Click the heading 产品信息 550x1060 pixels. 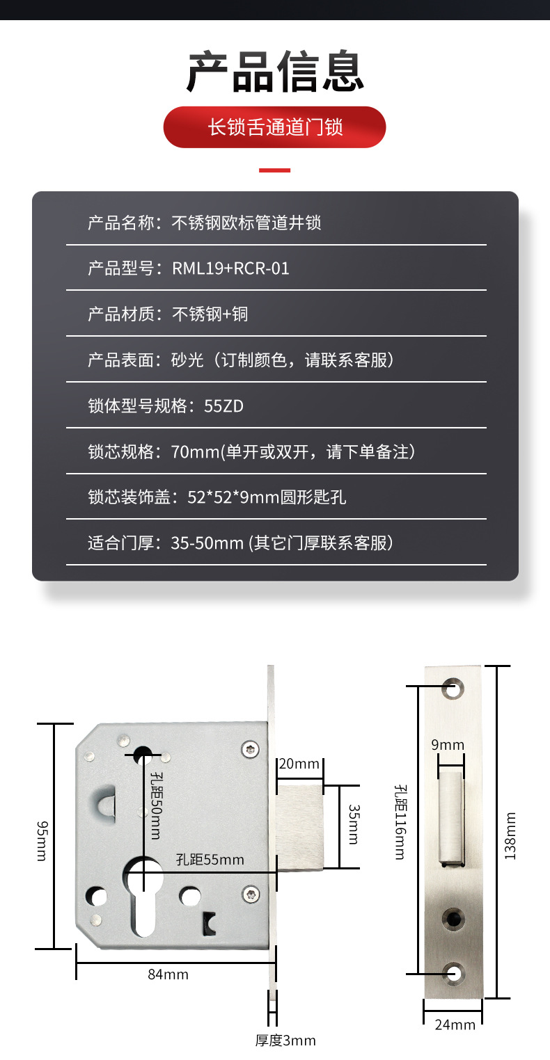tap(275, 72)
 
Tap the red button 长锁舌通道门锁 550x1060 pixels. tap(275, 127)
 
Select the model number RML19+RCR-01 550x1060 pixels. tap(230, 268)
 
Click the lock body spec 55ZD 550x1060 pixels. tap(223, 406)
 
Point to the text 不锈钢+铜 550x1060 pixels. tap(210, 314)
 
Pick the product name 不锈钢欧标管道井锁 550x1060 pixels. tap(246, 223)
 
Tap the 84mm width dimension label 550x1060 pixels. tap(168, 974)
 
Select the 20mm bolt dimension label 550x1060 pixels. tap(299, 764)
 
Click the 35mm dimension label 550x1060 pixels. tap(354, 824)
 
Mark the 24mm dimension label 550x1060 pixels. tap(455, 1025)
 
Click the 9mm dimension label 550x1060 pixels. tap(448, 744)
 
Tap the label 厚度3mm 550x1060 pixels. tap(285, 1040)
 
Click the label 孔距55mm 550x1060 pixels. tap(210, 860)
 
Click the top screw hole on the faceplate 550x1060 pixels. tap(453, 689)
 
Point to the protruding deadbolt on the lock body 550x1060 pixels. tap(300, 827)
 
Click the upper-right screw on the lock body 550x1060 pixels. tap(250, 749)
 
